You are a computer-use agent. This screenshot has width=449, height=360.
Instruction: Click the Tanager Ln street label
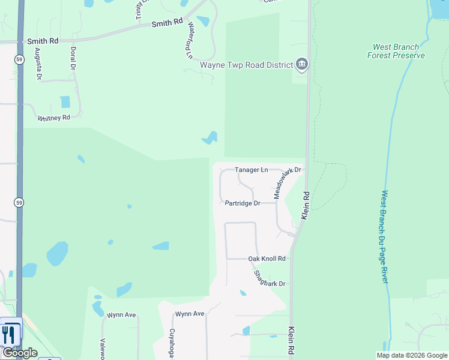[x=251, y=170]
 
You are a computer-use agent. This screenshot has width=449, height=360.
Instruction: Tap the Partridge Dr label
[x=243, y=203]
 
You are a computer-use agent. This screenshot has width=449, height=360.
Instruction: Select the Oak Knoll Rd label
[x=267, y=259]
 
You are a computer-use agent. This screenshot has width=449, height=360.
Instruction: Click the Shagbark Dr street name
[x=269, y=279]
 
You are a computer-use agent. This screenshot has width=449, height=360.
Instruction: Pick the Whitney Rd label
[x=54, y=118]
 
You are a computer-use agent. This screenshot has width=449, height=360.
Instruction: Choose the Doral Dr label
[x=73, y=59]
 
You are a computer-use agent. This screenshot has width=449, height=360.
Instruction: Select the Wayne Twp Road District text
[x=246, y=65]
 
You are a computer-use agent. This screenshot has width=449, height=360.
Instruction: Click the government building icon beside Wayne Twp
[x=302, y=65]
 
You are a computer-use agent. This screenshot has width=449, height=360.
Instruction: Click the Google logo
[x=19, y=353]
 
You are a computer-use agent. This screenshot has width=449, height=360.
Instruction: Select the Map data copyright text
[x=412, y=355]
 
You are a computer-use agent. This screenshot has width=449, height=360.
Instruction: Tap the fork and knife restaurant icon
[x=9, y=334]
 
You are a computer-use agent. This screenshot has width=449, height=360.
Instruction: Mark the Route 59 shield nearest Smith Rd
[x=19, y=59]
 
